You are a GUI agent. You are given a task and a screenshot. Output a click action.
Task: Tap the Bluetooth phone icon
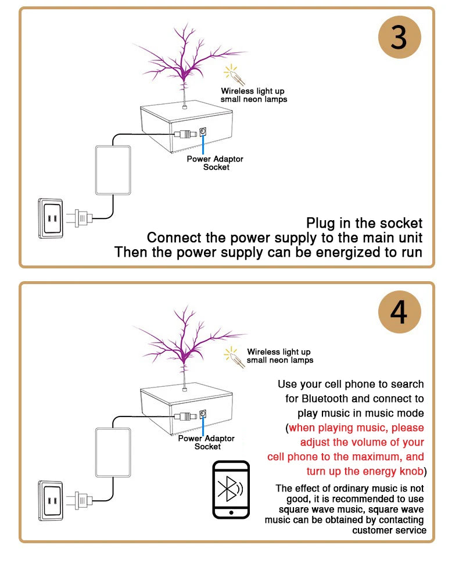(231, 489)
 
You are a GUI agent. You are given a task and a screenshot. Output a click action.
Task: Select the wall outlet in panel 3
(50, 218)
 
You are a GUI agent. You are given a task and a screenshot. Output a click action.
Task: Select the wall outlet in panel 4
(50, 500)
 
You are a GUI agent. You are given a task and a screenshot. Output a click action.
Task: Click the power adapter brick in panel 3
(113, 170)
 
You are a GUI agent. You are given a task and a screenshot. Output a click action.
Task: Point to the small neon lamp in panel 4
(235, 356)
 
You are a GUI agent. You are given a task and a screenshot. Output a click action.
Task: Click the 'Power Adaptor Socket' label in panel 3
(215, 163)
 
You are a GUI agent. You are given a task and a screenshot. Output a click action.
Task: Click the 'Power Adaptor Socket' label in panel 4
(207, 443)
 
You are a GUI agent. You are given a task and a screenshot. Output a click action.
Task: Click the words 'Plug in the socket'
(364, 223)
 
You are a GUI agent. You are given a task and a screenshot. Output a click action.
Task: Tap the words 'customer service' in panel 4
(389, 530)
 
